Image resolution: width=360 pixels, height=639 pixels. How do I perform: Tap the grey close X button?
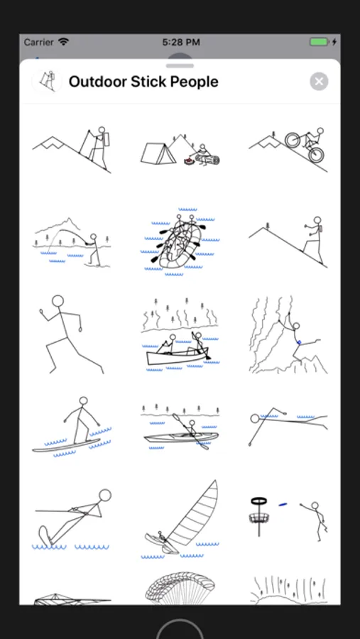tap(319, 82)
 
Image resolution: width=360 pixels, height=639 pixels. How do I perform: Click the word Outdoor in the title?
tap(97, 82)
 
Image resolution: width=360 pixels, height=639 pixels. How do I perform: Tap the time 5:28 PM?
tap(180, 42)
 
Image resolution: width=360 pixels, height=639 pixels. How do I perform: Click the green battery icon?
tap(319, 42)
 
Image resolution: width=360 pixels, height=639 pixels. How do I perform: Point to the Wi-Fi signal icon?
tap(64, 42)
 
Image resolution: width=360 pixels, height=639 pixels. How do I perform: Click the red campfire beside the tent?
tap(188, 162)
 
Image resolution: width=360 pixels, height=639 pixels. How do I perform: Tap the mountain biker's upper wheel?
tap(293, 140)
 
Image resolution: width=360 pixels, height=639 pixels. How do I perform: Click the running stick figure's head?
tap(58, 301)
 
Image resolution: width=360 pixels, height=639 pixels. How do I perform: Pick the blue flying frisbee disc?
tap(283, 505)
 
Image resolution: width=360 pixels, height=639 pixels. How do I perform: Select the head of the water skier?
tap(105, 495)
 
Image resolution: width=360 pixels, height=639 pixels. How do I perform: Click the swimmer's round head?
tap(255, 418)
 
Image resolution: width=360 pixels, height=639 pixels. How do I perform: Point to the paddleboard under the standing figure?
tap(66, 445)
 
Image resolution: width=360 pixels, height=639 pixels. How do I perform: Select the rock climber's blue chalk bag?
tap(299, 343)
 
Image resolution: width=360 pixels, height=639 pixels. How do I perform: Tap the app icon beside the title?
tap(47, 82)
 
